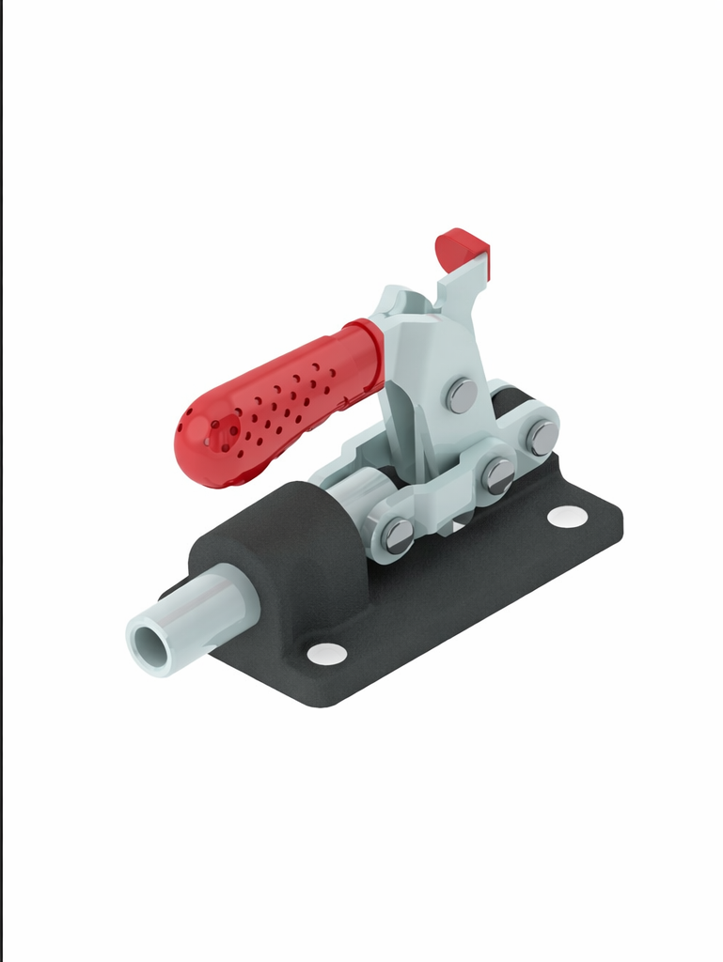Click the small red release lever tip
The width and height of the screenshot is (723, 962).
tap(462, 248)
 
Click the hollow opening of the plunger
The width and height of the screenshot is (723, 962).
tap(148, 645)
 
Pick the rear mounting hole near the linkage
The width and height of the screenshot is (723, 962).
tap(567, 516)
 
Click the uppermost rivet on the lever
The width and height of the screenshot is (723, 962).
tap(462, 396)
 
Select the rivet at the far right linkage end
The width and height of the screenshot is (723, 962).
tap(542, 438)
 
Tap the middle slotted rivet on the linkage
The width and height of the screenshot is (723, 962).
tap(498, 475)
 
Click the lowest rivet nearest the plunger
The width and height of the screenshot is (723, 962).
tap(398, 535)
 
